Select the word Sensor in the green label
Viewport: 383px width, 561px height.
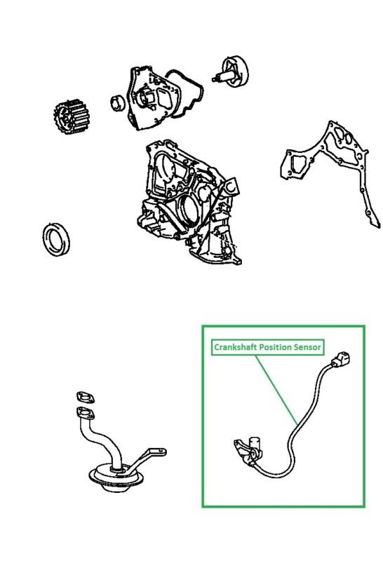(x=309, y=347)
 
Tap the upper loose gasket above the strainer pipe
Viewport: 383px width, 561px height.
(x=84, y=396)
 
